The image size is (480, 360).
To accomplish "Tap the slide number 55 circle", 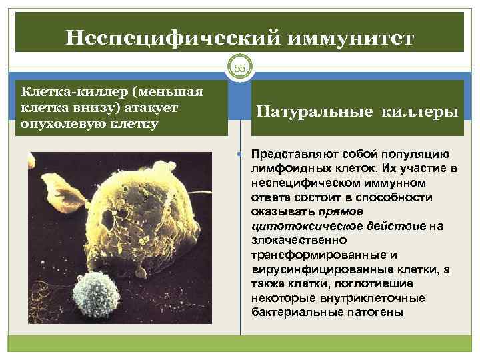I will pos(240,69).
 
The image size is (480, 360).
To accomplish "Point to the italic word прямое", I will pos(341,211).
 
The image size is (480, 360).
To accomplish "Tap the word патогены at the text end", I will pos(366,313).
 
